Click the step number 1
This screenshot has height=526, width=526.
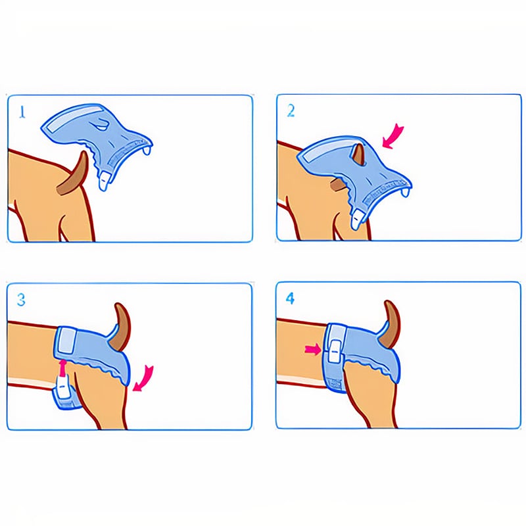click(22, 112)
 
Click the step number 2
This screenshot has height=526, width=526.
click(291, 110)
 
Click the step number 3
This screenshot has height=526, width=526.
click(21, 300)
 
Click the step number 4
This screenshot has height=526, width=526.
click(290, 299)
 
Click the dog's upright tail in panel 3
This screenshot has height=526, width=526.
click(122, 327)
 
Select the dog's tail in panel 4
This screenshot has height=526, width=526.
click(391, 323)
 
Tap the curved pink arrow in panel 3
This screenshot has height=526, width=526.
click(145, 379)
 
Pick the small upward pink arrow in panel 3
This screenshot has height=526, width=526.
click(62, 367)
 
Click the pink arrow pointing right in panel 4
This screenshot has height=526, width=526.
click(313, 350)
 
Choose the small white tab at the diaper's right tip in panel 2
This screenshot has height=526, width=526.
click(406, 192)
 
